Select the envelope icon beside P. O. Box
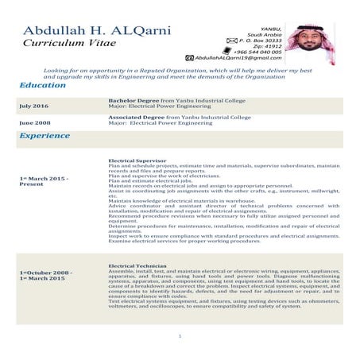pyautogui.click(x=231, y=38)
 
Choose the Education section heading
pyautogui.click(x=43, y=85)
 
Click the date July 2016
pyautogui.click(x=33, y=105)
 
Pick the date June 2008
pyautogui.click(x=33, y=122)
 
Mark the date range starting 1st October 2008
pyautogui.click(x=45, y=276)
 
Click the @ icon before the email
pyautogui.click(x=189, y=58)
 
